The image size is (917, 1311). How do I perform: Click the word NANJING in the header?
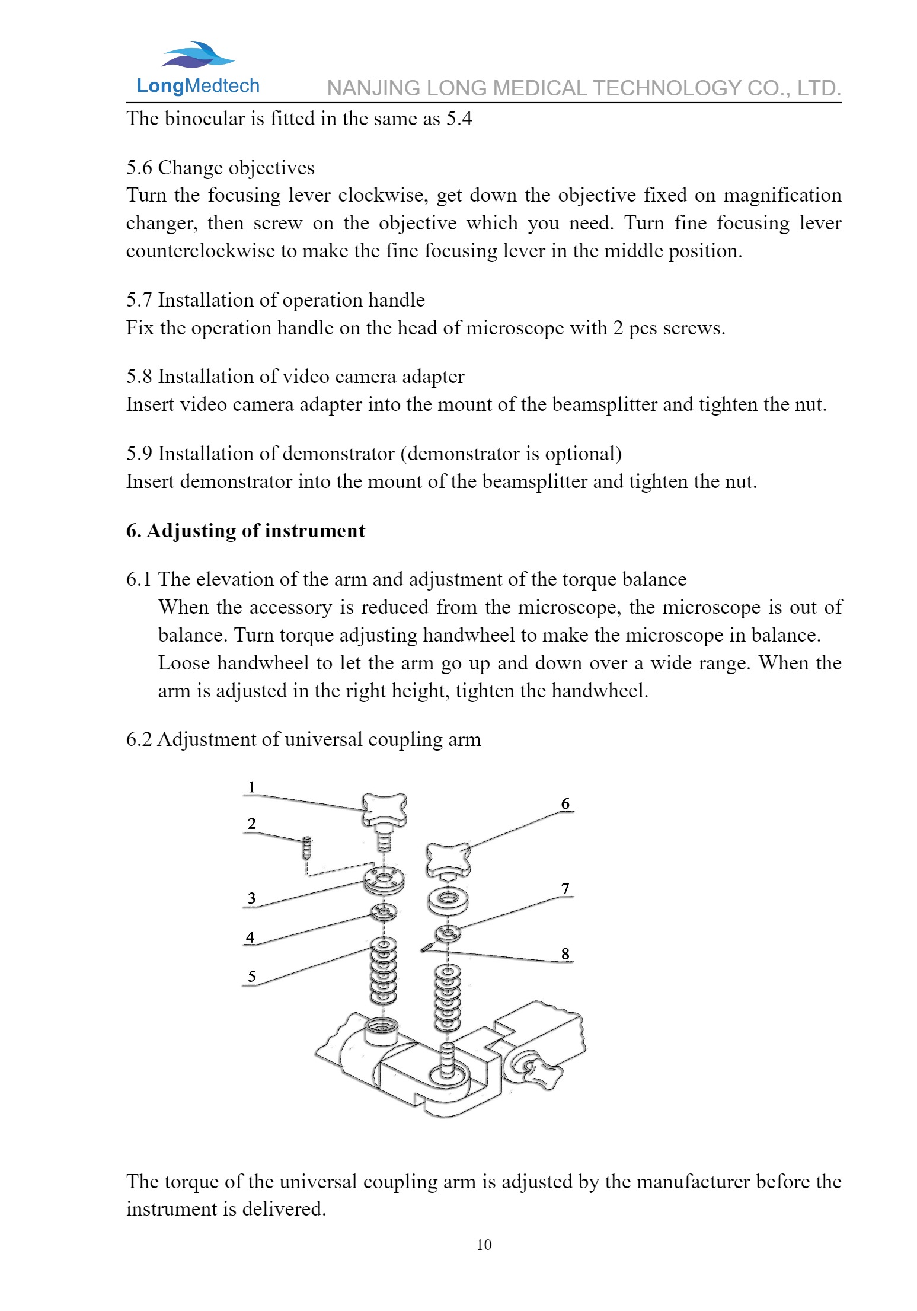(373, 88)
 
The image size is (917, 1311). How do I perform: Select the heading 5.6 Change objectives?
(220, 168)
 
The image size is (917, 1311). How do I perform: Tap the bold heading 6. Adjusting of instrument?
(245, 531)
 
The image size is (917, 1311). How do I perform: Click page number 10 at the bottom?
(484, 1245)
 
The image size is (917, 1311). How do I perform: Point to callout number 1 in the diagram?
(252, 787)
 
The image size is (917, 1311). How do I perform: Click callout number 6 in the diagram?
(565, 803)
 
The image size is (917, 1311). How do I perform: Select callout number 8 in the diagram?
(565, 953)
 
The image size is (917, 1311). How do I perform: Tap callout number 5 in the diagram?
(252, 977)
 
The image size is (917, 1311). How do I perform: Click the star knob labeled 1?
(385, 809)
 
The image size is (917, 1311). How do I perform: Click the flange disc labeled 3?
(384, 879)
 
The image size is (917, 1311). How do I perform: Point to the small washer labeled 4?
(384, 912)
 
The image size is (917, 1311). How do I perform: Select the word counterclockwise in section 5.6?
(200, 251)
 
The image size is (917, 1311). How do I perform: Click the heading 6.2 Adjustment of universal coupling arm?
(303, 739)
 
